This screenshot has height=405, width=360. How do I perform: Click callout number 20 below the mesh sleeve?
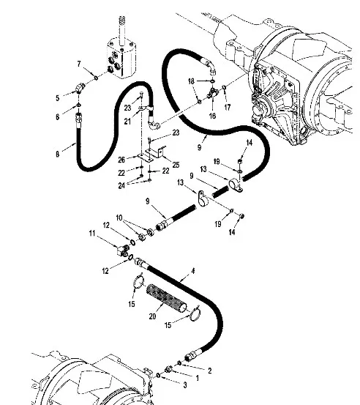tap(152, 316)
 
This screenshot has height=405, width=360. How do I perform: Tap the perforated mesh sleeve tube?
tap(166, 300)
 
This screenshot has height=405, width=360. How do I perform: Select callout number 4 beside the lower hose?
tap(192, 271)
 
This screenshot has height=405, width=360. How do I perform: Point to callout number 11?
tap(92, 234)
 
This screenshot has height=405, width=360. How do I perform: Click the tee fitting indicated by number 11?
tap(122, 250)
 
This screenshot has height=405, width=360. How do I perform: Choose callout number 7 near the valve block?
tap(79, 64)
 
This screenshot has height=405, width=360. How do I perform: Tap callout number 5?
tap(57, 98)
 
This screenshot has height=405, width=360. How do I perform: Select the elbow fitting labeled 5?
tap(79, 88)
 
